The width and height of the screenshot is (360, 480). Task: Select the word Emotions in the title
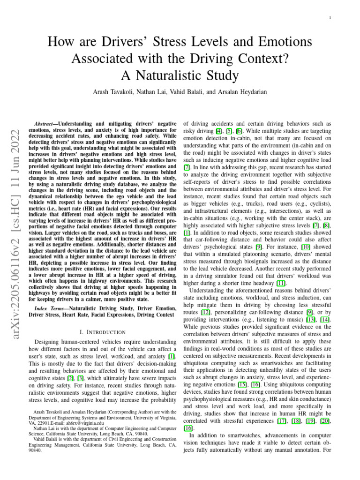click(285, 42)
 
